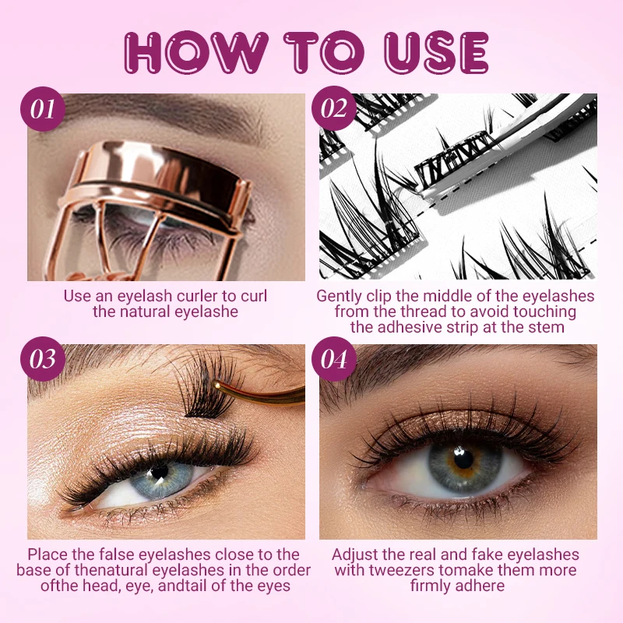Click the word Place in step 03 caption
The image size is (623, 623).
tap(49, 554)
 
